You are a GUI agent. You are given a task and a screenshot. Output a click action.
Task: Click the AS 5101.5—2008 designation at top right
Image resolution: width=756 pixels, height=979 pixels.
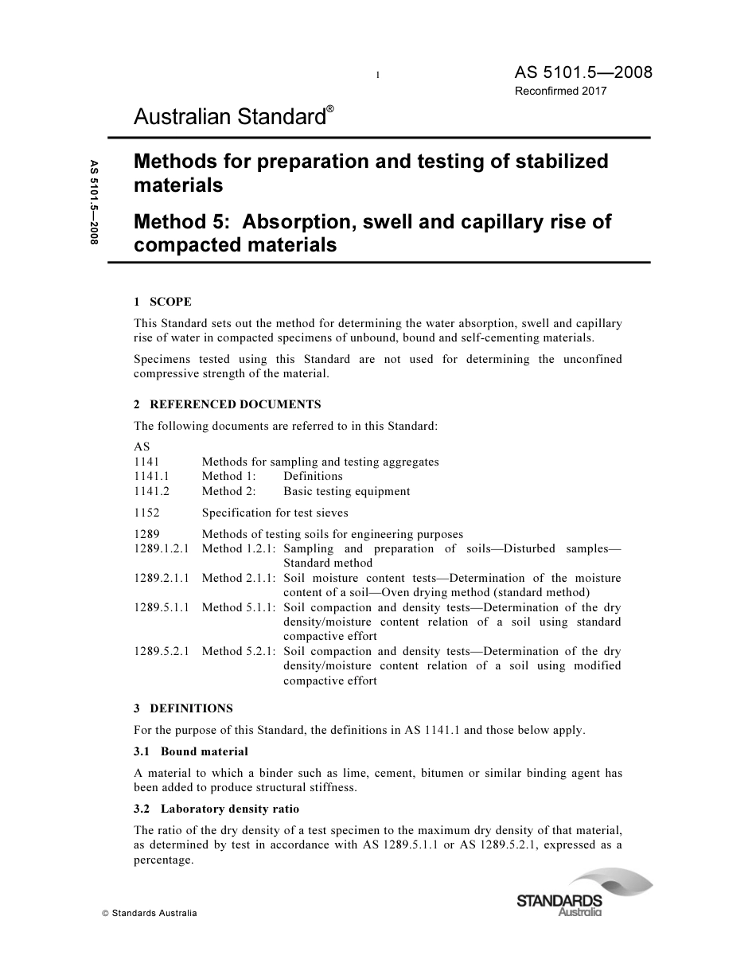pyautogui.click(x=583, y=72)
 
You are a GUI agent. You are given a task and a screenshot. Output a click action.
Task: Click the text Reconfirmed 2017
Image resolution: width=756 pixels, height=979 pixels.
pyautogui.click(x=560, y=91)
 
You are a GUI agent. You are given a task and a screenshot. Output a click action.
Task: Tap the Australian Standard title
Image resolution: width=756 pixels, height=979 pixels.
pyautogui.click(x=229, y=118)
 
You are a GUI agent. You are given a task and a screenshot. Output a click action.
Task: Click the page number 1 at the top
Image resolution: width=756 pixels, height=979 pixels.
pyautogui.click(x=377, y=76)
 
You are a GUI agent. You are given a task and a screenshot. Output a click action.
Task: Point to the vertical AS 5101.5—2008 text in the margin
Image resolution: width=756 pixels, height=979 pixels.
pyautogui.click(x=94, y=202)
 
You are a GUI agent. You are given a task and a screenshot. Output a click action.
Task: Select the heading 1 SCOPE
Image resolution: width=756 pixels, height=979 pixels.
pyautogui.click(x=162, y=302)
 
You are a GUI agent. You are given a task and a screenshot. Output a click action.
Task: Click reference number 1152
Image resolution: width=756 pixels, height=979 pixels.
pyautogui.click(x=146, y=513)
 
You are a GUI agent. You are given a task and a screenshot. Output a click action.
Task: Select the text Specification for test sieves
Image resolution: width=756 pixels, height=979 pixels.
pyautogui.click(x=275, y=513)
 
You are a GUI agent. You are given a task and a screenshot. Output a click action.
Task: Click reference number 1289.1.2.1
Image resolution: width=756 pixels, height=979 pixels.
pyautogui.click(x=162, y=548)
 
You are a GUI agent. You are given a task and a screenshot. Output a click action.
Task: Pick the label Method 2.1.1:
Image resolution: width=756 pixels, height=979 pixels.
pyautogui.click(x=239, y=578)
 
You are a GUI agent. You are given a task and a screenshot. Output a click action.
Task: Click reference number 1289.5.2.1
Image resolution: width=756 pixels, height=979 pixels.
pyautogui.click(x=162, y=651)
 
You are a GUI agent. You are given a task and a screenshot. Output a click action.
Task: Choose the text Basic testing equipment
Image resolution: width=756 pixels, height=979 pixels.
pyautogui.click(x=346, y=491)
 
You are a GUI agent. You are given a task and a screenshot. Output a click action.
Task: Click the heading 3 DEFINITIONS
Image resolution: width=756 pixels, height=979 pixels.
pyautogui.click(x=183, y=708)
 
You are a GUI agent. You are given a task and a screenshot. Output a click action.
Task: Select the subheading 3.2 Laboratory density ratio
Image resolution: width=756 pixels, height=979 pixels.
pyautogui.click(x=216, y=809)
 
